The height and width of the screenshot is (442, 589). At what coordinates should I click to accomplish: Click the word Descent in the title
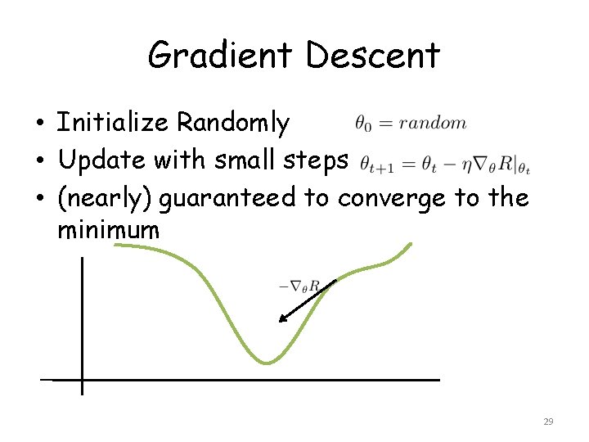(373, 56)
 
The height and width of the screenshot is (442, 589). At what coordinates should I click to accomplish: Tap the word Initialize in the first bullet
(113, 123)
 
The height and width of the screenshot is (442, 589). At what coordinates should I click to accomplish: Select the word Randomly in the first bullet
(233, 123)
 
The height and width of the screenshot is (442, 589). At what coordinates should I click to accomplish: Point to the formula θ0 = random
(411, 124)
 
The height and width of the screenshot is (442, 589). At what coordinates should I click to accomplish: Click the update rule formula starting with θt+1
(445, 162)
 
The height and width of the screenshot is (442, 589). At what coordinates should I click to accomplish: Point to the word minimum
(108, 230)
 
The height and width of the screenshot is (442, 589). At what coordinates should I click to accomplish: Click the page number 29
(548, 422)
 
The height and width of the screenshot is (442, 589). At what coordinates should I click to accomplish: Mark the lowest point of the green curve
(266, 363)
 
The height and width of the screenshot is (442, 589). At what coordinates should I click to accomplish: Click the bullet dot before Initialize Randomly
(39, 124)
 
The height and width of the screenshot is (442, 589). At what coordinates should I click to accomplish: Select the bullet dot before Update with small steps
(39, 162)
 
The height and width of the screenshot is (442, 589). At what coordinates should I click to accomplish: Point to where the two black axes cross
(82, 380)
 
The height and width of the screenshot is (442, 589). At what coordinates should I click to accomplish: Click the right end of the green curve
(411, 244)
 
